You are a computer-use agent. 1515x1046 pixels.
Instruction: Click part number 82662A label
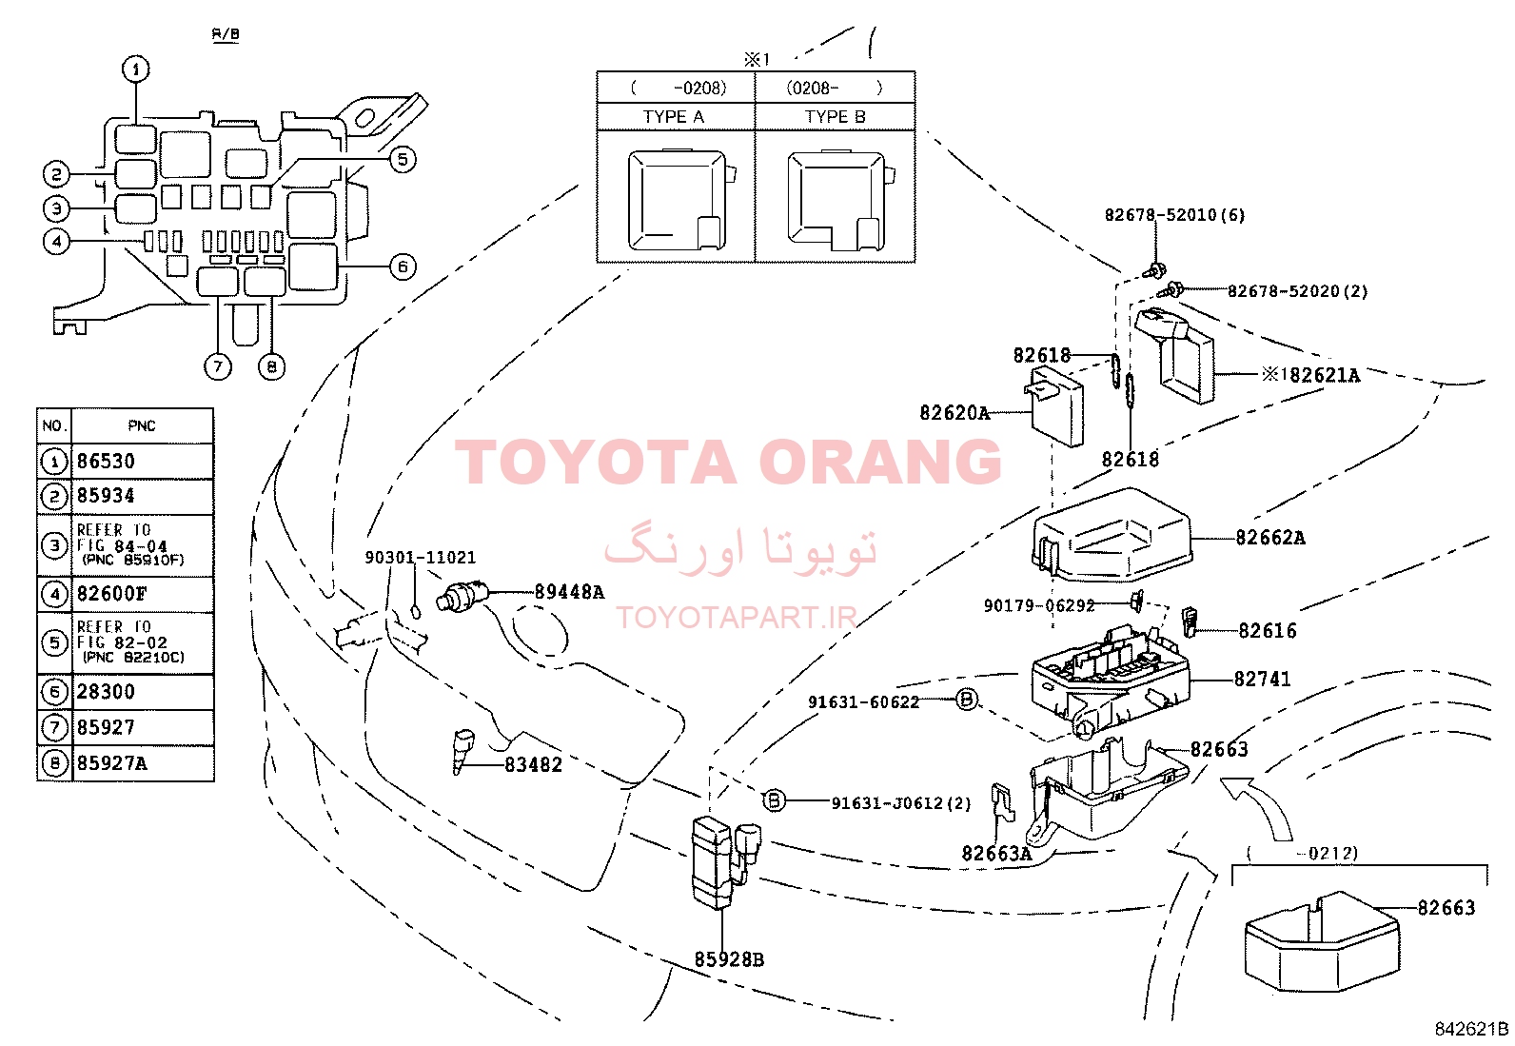tap(1269, 538)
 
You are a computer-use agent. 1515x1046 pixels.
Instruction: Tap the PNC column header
tap(142, 425)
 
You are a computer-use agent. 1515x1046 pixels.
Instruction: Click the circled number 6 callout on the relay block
tap(403, 266)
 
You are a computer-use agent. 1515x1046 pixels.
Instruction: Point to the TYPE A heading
tap(674, 117)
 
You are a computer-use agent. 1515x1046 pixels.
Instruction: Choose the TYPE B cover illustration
tap(837, 201)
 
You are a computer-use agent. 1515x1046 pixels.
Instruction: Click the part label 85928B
tap(729, 959)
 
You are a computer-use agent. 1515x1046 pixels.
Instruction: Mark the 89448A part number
tap(569, 592)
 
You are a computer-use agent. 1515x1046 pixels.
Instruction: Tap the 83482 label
tap(533, 764)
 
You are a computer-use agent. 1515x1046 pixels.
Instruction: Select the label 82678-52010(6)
tap(1174, 215)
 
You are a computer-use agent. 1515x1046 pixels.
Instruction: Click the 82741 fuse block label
tap(1262, 680)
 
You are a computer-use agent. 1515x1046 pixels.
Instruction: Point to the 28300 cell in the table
tap(106, 692)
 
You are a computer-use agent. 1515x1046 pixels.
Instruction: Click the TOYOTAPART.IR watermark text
tap(737, 618)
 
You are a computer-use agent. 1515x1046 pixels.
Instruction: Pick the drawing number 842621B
tap(1471, 1029)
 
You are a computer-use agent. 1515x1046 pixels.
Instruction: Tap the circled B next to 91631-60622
tap(966, 700)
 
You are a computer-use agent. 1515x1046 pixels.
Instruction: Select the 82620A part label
tap(954, 413)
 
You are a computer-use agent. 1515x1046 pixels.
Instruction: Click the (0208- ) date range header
tap(835, 89)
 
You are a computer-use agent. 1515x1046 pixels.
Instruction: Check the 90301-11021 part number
tap(420, 558)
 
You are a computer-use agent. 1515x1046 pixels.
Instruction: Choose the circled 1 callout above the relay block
tap(136, 69)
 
